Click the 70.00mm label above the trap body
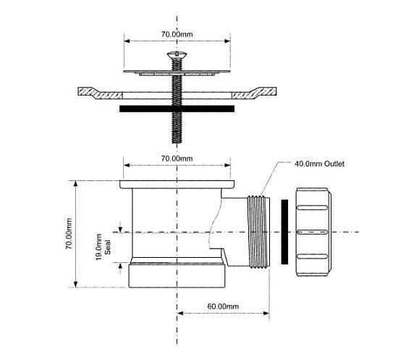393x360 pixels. (x=177, y=158)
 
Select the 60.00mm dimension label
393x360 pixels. (x=223, y=306)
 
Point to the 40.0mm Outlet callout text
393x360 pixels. (x=318, y=164)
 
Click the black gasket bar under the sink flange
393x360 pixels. (x=177, y=109)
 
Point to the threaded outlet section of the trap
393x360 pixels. (x=257, y=232)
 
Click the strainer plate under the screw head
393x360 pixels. (x=177, y=72)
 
